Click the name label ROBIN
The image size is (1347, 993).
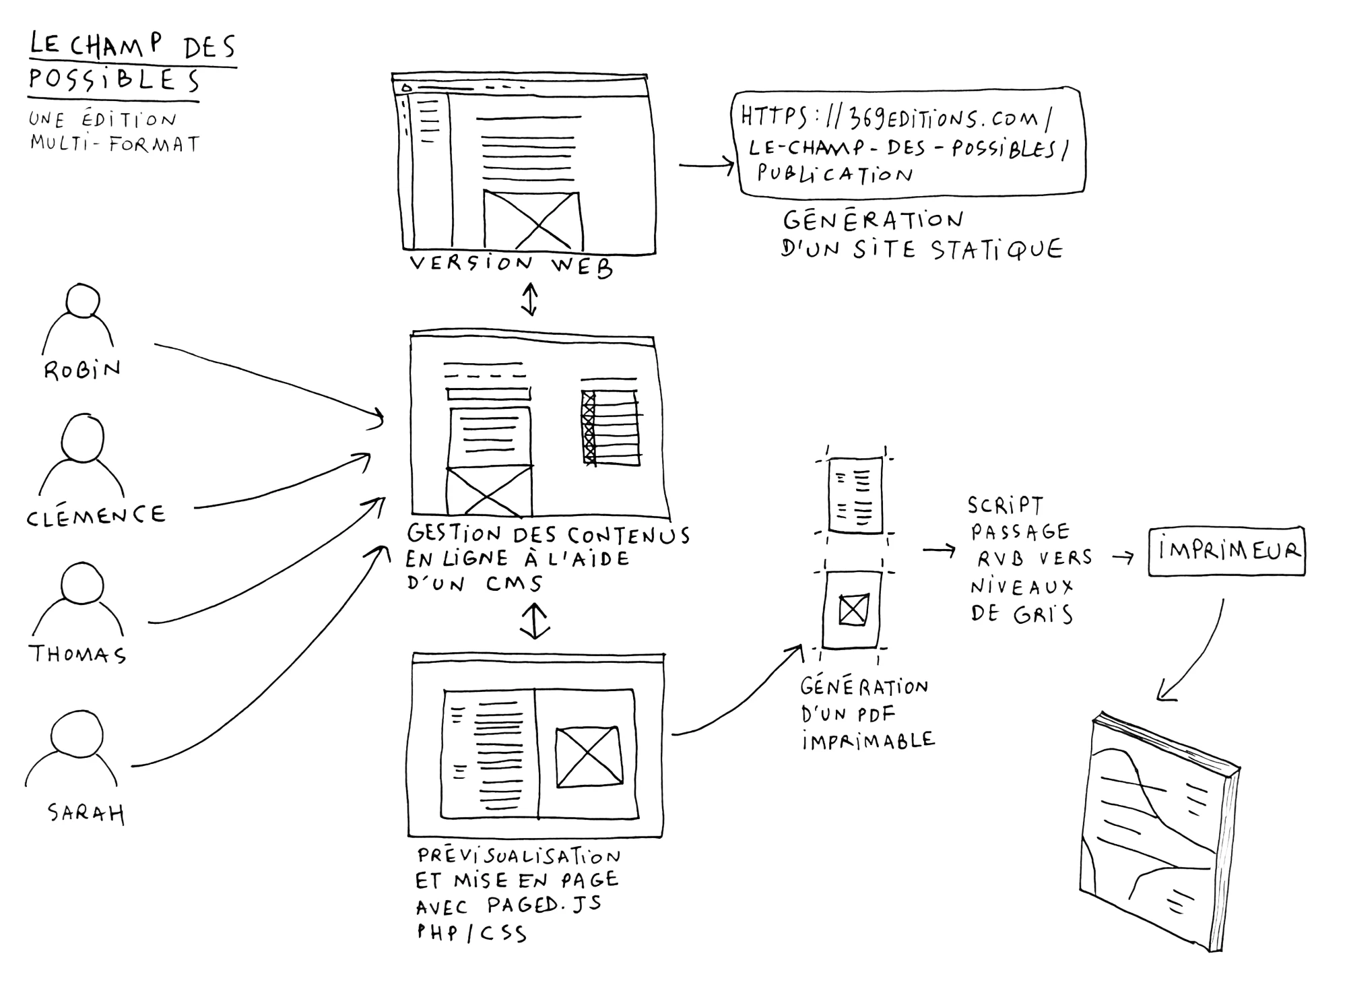(82, 370)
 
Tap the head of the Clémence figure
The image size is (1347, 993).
(82, 437)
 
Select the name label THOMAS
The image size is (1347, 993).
(77, 653)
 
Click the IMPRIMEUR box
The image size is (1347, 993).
(1226, 551)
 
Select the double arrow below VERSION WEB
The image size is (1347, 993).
(530, 299)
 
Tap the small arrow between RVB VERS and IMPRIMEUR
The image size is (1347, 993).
(1122, 558)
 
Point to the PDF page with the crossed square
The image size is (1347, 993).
(852, 610)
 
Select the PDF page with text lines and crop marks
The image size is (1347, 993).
(855, 495)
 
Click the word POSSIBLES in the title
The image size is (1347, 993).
(114, 79)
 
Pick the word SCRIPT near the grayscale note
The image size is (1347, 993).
(1005, 505)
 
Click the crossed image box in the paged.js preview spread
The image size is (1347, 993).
(588, 757)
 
